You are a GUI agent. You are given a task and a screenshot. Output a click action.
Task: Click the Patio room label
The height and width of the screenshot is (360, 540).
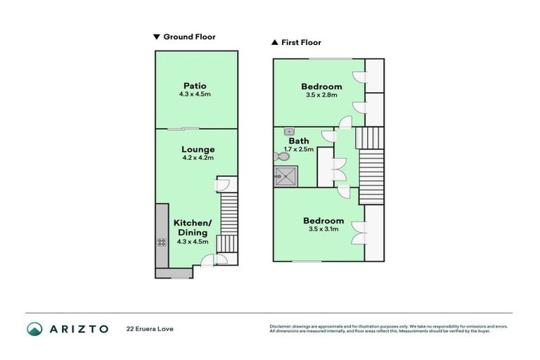point(195,86)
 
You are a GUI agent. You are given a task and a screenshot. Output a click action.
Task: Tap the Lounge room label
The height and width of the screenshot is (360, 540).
point(198,149)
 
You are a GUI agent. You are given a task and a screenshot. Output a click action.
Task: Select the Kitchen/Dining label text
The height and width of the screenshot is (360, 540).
point(192,227)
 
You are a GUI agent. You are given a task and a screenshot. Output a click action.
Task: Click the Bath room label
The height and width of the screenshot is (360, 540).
point(298,141)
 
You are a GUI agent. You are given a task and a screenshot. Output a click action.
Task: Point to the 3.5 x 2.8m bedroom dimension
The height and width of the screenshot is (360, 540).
point(321,95)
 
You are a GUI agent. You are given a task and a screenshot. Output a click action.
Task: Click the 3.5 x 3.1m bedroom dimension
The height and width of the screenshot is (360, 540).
point(323,229)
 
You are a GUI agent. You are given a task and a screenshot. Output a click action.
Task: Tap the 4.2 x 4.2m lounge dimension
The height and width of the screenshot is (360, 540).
point(198,158)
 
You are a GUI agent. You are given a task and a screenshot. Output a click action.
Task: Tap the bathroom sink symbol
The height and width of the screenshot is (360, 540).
point(289,131)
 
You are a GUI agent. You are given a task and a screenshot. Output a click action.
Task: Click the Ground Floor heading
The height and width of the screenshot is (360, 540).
point(189,37)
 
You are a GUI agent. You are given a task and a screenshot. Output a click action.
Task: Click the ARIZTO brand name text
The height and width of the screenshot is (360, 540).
point(78,328)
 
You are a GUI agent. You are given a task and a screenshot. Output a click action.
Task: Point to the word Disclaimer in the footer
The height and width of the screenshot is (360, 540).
point(282,326)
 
